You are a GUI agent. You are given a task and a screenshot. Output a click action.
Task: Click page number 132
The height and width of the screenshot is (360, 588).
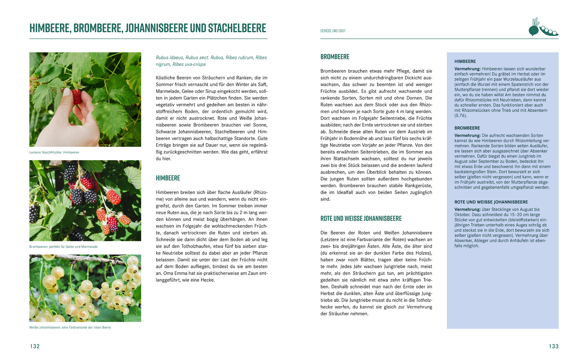(35, 346)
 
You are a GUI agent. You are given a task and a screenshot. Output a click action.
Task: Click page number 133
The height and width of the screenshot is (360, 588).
(553, 346)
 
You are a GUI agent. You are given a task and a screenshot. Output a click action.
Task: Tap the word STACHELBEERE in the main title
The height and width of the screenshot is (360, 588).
(237, 28)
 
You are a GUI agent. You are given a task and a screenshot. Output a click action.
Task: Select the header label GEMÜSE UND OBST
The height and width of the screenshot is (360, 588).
(333, 31)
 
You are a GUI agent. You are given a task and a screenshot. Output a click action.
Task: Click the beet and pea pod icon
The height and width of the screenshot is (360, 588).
(543, 28)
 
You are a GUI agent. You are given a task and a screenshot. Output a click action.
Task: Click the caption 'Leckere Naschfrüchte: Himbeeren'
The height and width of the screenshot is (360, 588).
(54, 152)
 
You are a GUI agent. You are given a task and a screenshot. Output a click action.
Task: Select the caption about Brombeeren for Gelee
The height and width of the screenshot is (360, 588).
(63, 247)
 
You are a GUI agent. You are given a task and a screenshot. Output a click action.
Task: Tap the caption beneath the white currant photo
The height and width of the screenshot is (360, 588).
(70, 327)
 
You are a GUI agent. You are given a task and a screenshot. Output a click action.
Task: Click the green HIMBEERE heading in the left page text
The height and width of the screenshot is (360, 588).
(168, 178)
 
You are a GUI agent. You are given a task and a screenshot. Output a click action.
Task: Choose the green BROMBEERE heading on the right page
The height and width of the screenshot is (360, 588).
(335, 57)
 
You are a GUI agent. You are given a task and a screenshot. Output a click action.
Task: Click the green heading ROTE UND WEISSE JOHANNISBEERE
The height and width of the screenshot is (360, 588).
(361, 219)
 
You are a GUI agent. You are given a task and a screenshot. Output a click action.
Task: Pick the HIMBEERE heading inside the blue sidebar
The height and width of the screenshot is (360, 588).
(465, 62)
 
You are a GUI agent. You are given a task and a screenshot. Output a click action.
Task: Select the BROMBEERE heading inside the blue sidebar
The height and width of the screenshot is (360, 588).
(467, 128)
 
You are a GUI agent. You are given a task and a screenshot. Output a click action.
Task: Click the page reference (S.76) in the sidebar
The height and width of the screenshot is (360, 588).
(461, 116)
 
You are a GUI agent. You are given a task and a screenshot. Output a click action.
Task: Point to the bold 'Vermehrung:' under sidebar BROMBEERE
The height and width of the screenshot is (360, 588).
(467, 136)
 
